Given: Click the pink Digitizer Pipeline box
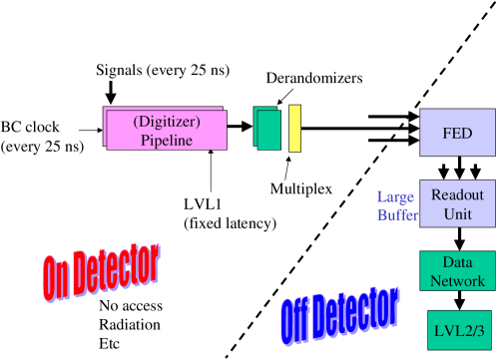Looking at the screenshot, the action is click(x=167, y=131).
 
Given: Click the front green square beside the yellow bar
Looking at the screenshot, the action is click(x=269, y=131).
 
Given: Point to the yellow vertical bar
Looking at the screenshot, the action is click(x=294, y=128).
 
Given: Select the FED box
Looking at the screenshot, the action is click(x=457, y=132).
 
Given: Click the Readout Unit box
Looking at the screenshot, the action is click(x=457, y=203).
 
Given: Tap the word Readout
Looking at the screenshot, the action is click(x=457, y=194).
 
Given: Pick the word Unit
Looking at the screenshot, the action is click(x=457, y=213).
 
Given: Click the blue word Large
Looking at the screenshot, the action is click(x=395, y=195).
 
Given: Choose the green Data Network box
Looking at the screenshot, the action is click(x=457, y=271).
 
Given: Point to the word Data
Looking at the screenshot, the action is click(x=457, y=263).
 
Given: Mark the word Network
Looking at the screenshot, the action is click(x=457, y=281).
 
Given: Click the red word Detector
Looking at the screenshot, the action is click(x=119, y=266).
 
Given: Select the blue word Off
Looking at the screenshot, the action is click(x=295, y=320).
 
